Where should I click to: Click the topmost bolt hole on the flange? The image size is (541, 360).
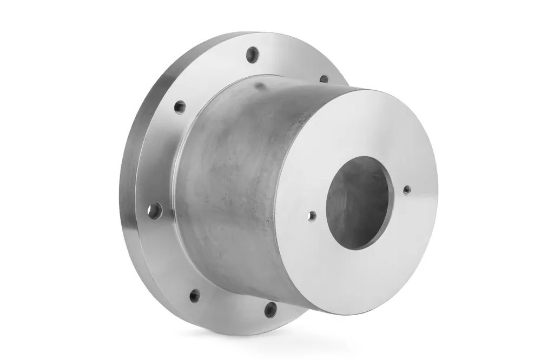[253, 55]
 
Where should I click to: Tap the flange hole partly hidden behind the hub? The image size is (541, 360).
[324, 79]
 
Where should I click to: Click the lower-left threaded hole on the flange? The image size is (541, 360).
[195, 295]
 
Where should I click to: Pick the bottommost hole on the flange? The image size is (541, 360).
[270, 309]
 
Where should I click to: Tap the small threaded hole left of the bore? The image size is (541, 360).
[312, 216]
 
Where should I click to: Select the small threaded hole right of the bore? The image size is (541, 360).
[407, 189]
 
